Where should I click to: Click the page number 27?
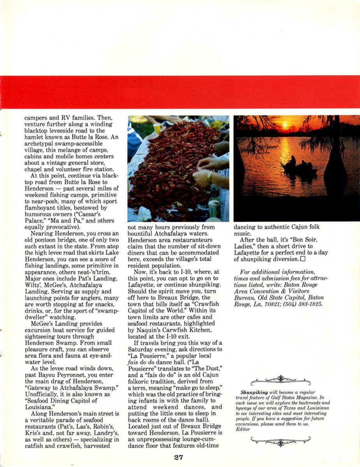[179, 457]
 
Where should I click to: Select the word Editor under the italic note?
[243, 429]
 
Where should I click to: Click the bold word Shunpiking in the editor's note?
[253, 393]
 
